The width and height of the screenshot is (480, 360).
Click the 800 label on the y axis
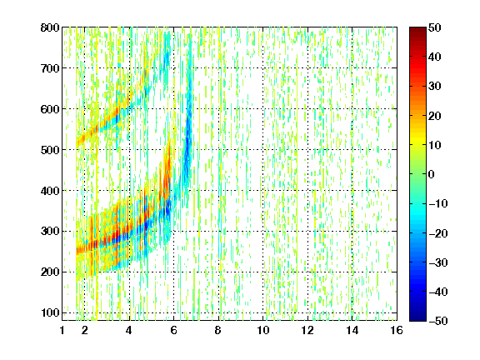(x=50, y=27)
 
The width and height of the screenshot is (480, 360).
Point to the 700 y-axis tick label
(x=50, y=68)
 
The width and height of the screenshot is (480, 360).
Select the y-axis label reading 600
(x=50, y=109)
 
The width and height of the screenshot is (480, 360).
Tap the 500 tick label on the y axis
(x=50, y=150)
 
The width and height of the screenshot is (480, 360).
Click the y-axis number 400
(x=50, y=191)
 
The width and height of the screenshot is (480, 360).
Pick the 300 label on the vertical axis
(x=50, y=232)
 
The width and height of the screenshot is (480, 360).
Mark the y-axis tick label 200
(x=50, y=272)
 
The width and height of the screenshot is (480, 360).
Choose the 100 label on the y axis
(x=50, y=313)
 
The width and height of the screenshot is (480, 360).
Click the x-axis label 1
(x=62, y=330)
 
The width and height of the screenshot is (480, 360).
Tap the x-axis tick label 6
(x=173, y=330)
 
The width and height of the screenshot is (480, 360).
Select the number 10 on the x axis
(x=263, y=330)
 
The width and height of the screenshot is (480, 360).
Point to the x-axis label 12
(x=307, y=330)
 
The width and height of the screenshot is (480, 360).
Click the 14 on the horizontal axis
(x=352, y=330)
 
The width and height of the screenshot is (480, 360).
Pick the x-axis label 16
(x=397, y=330)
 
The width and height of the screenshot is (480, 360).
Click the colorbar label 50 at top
(x=435, y=27)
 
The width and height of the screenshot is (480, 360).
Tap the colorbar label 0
(x=432, y=174)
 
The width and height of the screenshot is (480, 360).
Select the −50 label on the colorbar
(x=438, y=321)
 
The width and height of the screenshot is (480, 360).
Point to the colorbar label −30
(x=438, y=262)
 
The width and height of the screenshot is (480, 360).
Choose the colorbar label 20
(x=435, y=116)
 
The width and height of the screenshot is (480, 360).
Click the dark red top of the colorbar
(x=417, y=30)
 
